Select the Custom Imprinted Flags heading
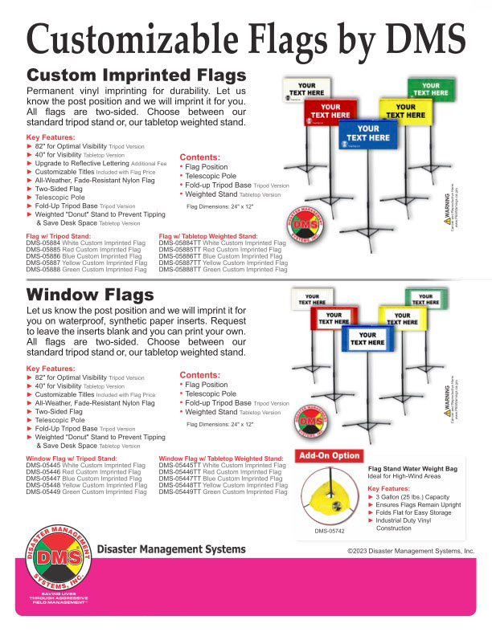(x=137, y=75)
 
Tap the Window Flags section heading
(x=90, y=296)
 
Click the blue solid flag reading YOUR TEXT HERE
(x=367, y=133)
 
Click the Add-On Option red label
(x=329, y=456)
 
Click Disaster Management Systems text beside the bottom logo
(x=170, y=549)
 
